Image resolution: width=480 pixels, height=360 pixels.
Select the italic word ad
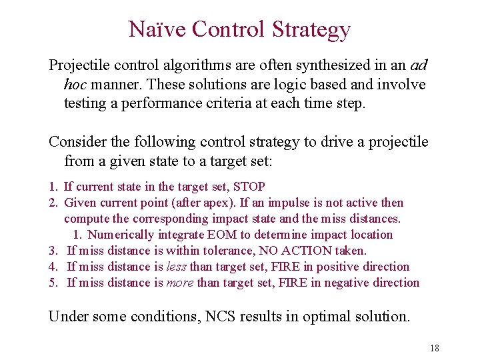coord(419,66)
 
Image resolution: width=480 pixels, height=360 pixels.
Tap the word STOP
coord(248,187)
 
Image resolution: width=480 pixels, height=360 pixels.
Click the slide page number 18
coord(435,348)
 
